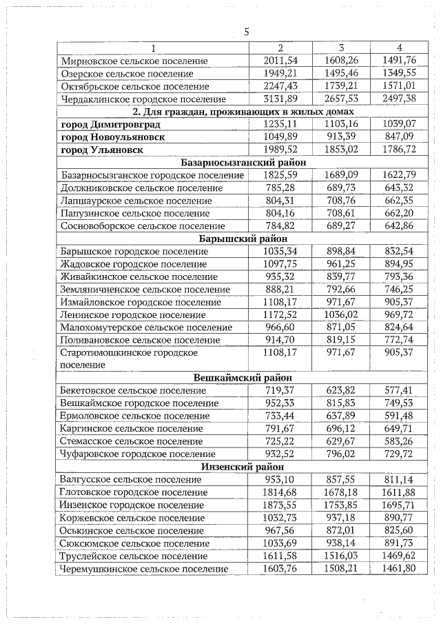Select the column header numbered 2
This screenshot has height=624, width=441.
[x=280, y=48]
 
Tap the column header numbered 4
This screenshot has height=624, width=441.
[x=399, y=48]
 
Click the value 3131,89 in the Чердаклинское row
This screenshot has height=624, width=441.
[x=280, y=99]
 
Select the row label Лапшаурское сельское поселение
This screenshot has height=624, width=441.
[x=136, y=201]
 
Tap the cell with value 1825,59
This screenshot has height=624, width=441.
[x=280, y=175]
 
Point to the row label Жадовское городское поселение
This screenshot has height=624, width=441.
[x=134, y=264]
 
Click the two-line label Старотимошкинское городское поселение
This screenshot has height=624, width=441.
[x=129, y=359]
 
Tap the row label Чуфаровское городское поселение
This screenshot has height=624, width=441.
[x=138, y=454]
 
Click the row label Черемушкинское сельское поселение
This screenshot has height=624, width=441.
[x=144, y=568]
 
